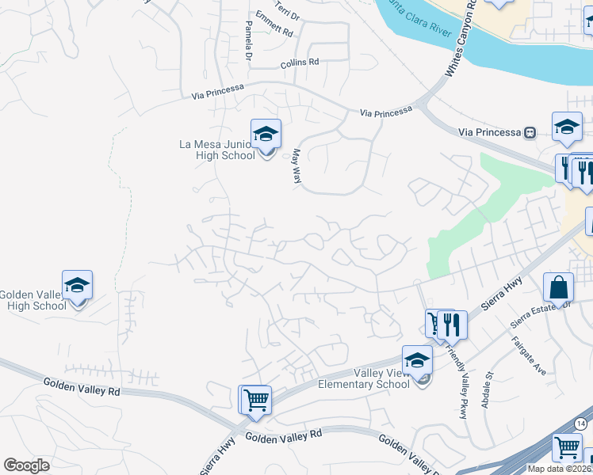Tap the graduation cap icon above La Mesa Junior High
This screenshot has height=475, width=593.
(266, 134)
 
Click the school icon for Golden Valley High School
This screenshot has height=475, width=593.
(78, 285)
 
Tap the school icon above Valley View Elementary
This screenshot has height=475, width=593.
(417, 360)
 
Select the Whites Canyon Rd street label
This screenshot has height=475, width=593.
(459, 40)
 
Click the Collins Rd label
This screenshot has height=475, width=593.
(299, 62)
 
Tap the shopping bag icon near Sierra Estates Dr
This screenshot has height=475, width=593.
(558, 288)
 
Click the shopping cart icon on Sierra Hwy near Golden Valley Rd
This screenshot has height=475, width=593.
(255, 399)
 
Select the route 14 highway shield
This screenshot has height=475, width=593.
(581, 424)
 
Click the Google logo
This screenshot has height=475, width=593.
(27, 465)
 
